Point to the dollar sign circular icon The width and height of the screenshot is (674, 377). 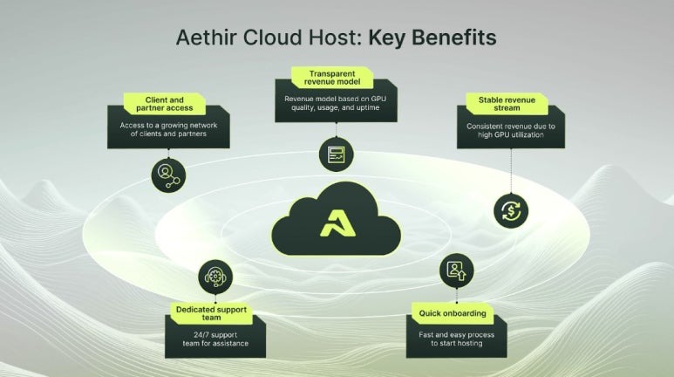[510, 210]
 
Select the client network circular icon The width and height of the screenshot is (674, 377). [167, 175]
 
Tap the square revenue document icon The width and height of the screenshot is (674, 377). [336, 154]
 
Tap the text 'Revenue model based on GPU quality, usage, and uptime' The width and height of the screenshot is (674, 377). [336, 102]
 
